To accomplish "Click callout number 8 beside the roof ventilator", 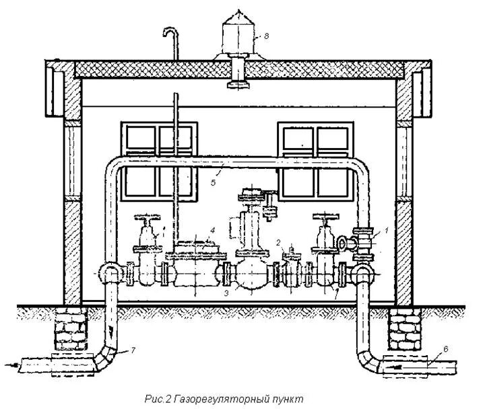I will click(x=265, y=36).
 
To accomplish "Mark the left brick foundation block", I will click(x=73, y=331).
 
